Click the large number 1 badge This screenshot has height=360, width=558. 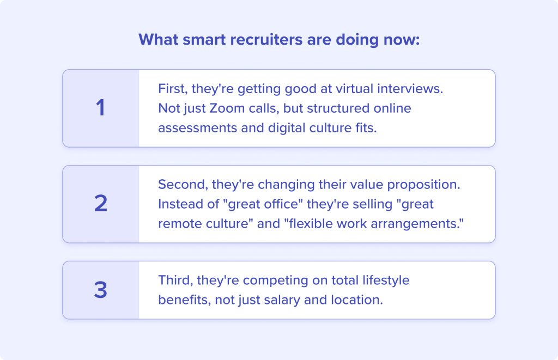pyautogui.click(x=101, y=107)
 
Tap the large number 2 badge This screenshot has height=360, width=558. pyautogui.click(x=101, y=204)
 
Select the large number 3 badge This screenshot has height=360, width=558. pyautogui.click(x=101, y=290)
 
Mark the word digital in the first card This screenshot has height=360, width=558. pyautogui.click(x=287, y=128)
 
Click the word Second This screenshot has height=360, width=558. pyautogui.click(x=183, y=185)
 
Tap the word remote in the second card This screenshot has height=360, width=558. pyautogui.click(x=178, y=224)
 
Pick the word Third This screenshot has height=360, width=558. pyautogui.click(x=175, y=280)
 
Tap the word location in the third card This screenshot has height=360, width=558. pyautogui.click(x=357, y=300)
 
